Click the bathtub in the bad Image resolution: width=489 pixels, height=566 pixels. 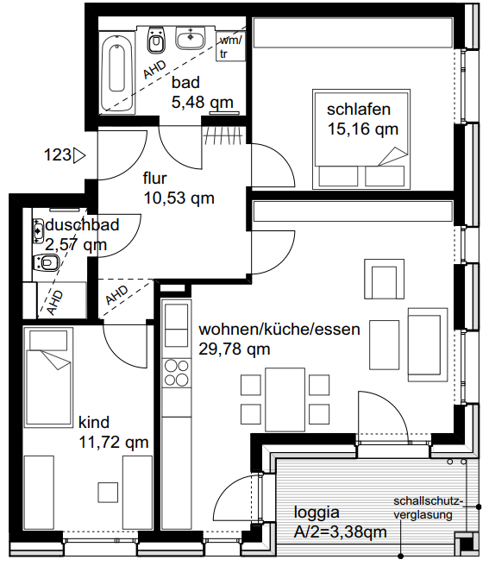pyautogui.click(x=117, y=73)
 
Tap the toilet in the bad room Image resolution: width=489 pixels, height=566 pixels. pyautogui.click(x=156, y=40)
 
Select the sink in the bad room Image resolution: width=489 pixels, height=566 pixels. pyautogui.click(x=191, y=37)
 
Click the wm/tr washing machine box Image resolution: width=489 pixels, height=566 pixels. pyautogui.click(x=230, y=47)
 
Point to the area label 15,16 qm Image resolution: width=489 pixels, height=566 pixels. pyautogui.click(x=363, y=129)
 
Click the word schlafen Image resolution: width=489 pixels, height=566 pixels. pyautogui.click(x=359, y=110)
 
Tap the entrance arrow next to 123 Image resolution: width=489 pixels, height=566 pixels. pyautogui.click(x=79, y=155)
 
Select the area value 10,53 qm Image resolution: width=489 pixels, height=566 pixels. pyautogui.click(x=179, y=198)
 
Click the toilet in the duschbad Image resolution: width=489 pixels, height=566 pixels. pyautogui.click(x=46, y=262)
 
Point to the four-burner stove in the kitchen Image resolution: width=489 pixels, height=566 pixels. pyautogui.click(x=177, y=373)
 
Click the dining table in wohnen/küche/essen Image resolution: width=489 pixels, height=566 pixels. pyautogui.click(x=285, y=399)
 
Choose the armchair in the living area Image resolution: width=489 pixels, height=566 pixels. pyautogui.click(x=384, y=279)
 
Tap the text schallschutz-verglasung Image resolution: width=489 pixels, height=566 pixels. pyautogui.click(x=427, y=508)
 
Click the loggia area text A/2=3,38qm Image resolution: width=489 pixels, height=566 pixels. pyautogui.click(x=341, y=532)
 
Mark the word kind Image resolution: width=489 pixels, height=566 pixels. pyautogui.click(x=94, y=422)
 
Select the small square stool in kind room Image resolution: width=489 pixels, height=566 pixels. pyautogui.click(x=108, y=493)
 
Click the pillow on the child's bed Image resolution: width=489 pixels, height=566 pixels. pyautogui.click(x=48, y=341)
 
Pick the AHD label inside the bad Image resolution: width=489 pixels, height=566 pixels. pyautogui.click(x=155, y=69)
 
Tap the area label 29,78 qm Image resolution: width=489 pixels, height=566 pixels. pyautogui.click(x=235, y=349)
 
